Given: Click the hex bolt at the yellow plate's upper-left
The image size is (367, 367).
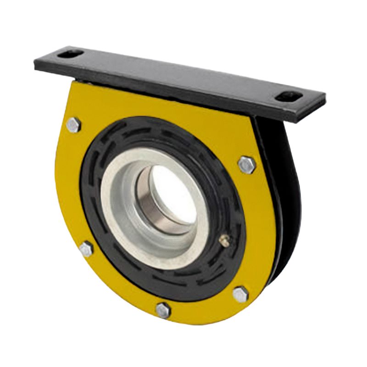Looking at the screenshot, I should coord(73,124).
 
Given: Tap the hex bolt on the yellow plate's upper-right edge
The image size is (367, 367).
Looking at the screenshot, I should coord(246,165).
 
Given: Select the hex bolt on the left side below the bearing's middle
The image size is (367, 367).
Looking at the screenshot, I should coord(86,249).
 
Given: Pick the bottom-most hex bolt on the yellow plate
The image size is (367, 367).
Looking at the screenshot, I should coord(163,310).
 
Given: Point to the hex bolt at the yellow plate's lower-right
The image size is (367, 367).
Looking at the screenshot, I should coord(240,294).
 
